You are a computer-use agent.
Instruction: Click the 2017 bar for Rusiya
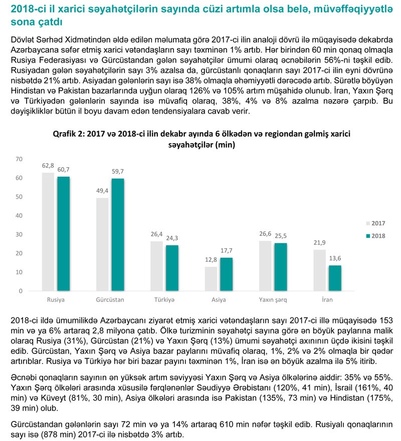(x=48, y=232)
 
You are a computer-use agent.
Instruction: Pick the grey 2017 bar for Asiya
(x=212, y=279)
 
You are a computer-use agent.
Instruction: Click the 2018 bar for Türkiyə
(x=172, y=268)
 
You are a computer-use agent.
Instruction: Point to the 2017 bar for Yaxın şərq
(x=266, y=266)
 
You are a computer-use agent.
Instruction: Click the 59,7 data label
(x=118, y=172)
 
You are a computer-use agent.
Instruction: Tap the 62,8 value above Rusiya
(x=48, y=166)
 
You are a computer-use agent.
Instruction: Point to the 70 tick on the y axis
(x=20, y=159)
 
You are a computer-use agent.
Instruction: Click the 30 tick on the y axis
(x=20, y=234)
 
